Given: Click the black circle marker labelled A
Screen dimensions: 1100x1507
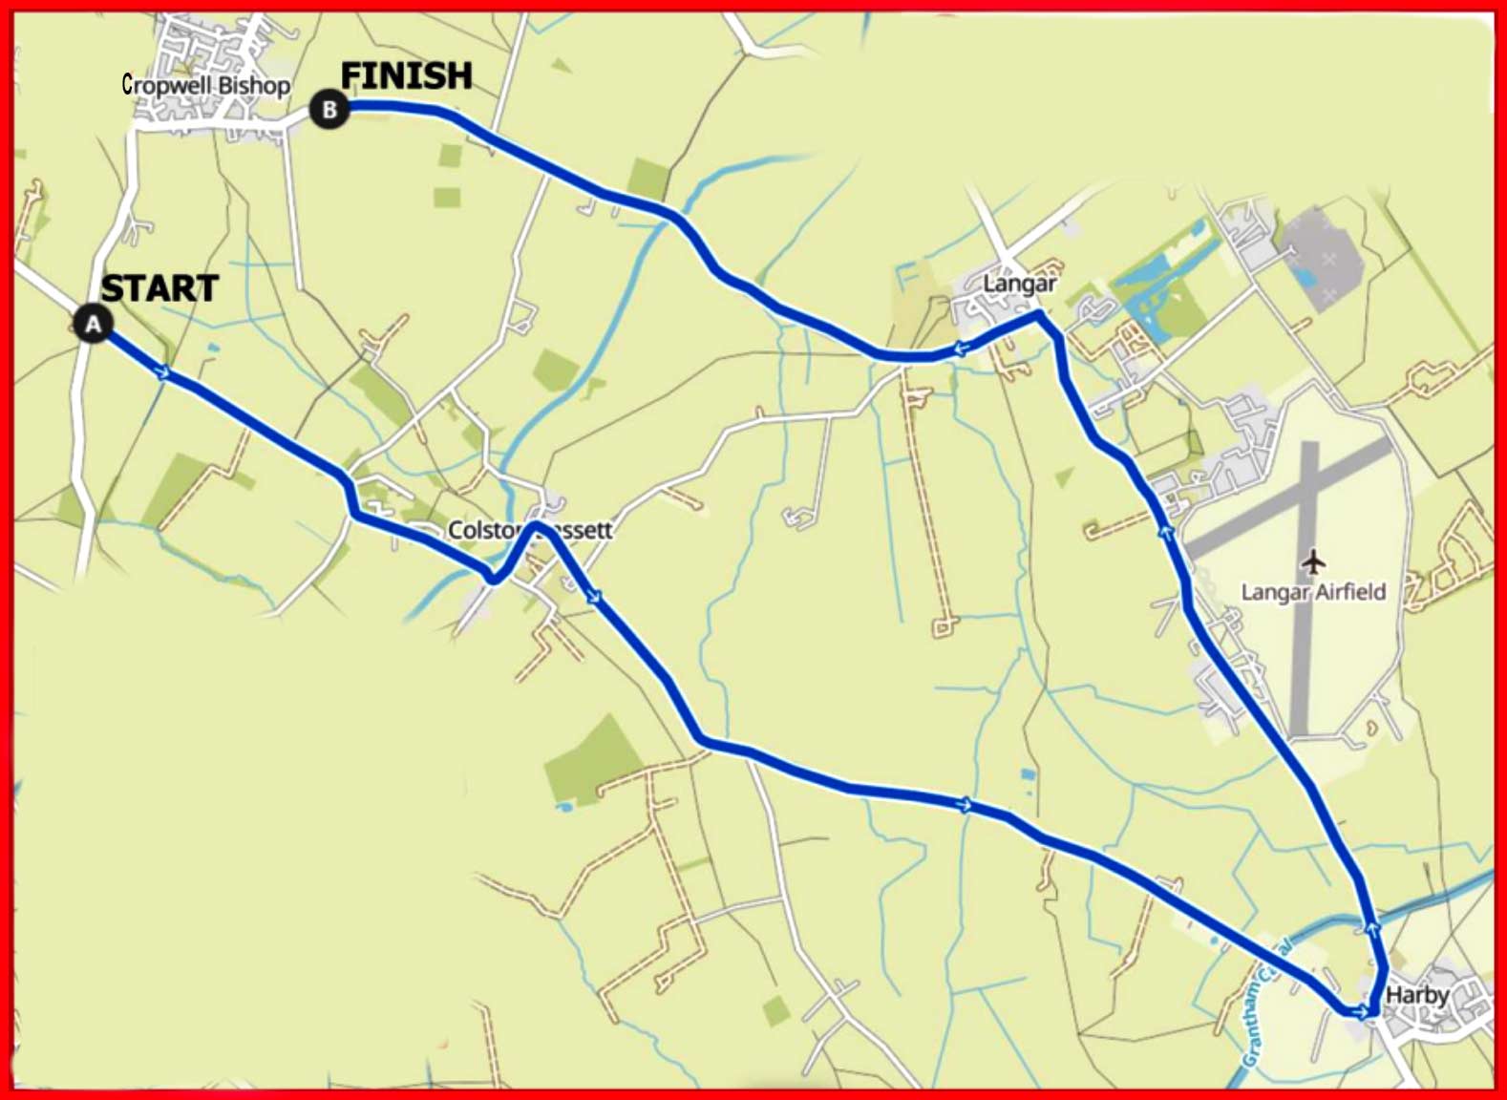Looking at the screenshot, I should coord(93,325).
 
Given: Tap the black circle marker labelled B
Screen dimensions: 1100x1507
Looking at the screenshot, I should coord(329,110).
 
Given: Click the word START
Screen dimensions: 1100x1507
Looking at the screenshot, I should coord(159,288).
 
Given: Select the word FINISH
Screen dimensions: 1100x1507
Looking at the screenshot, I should coord(407,75).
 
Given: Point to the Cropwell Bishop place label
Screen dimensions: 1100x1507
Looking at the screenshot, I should coord(206,85).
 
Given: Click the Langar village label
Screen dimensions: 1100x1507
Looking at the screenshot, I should coord(1020,284).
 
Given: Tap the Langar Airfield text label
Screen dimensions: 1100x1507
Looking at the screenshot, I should coord(1313,592).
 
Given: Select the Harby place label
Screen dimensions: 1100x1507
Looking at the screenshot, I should coord(1417,995).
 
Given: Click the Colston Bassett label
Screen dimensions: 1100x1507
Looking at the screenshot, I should coord(530,530).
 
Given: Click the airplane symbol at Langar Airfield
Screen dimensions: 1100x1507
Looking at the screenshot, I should coord(1314,561).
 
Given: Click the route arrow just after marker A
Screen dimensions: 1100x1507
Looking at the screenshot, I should coord(164,372).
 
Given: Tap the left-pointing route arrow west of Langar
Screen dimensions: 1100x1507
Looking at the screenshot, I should coord(960,349).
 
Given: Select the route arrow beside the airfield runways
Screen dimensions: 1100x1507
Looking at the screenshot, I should coord(1165,532).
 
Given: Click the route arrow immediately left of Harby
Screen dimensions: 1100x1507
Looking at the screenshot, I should coord(1360,1011).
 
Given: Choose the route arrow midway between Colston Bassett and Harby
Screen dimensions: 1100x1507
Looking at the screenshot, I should coord(966,805).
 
